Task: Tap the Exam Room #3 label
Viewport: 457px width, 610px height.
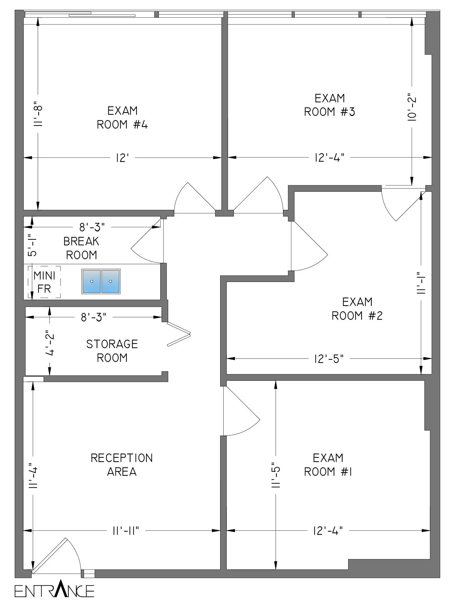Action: pos(329,105)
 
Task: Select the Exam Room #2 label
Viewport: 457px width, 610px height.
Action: pos(357,309)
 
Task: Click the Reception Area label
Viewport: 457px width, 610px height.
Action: pos(122,465)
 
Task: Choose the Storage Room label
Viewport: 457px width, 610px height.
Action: pos(112,351)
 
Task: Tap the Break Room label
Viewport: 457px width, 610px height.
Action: pos(81,248)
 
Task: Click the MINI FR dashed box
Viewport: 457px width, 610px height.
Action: pos(44,282)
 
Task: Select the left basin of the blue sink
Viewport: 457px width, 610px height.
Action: pos(91,281)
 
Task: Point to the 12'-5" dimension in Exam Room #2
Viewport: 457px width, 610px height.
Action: pos(329,359)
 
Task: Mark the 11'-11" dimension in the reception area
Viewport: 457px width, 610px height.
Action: pos(126,530)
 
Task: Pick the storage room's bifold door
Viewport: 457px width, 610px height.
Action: pos(179,334)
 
